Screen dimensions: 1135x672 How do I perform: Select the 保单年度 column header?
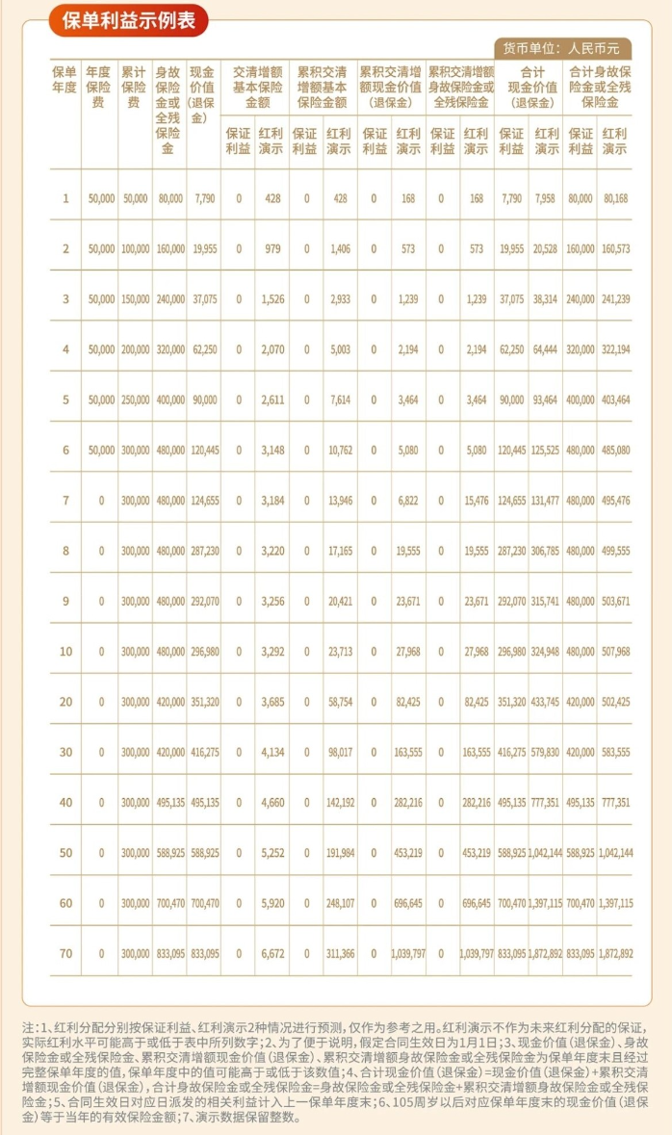(65, 85)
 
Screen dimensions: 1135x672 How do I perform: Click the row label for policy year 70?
(65, 953)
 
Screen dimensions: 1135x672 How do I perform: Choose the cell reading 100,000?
(134, 249)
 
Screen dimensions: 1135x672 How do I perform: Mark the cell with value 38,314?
(546, 299)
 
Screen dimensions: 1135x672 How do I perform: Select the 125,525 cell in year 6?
(546, 451)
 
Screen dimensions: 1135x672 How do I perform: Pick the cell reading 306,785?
(546, 551)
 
